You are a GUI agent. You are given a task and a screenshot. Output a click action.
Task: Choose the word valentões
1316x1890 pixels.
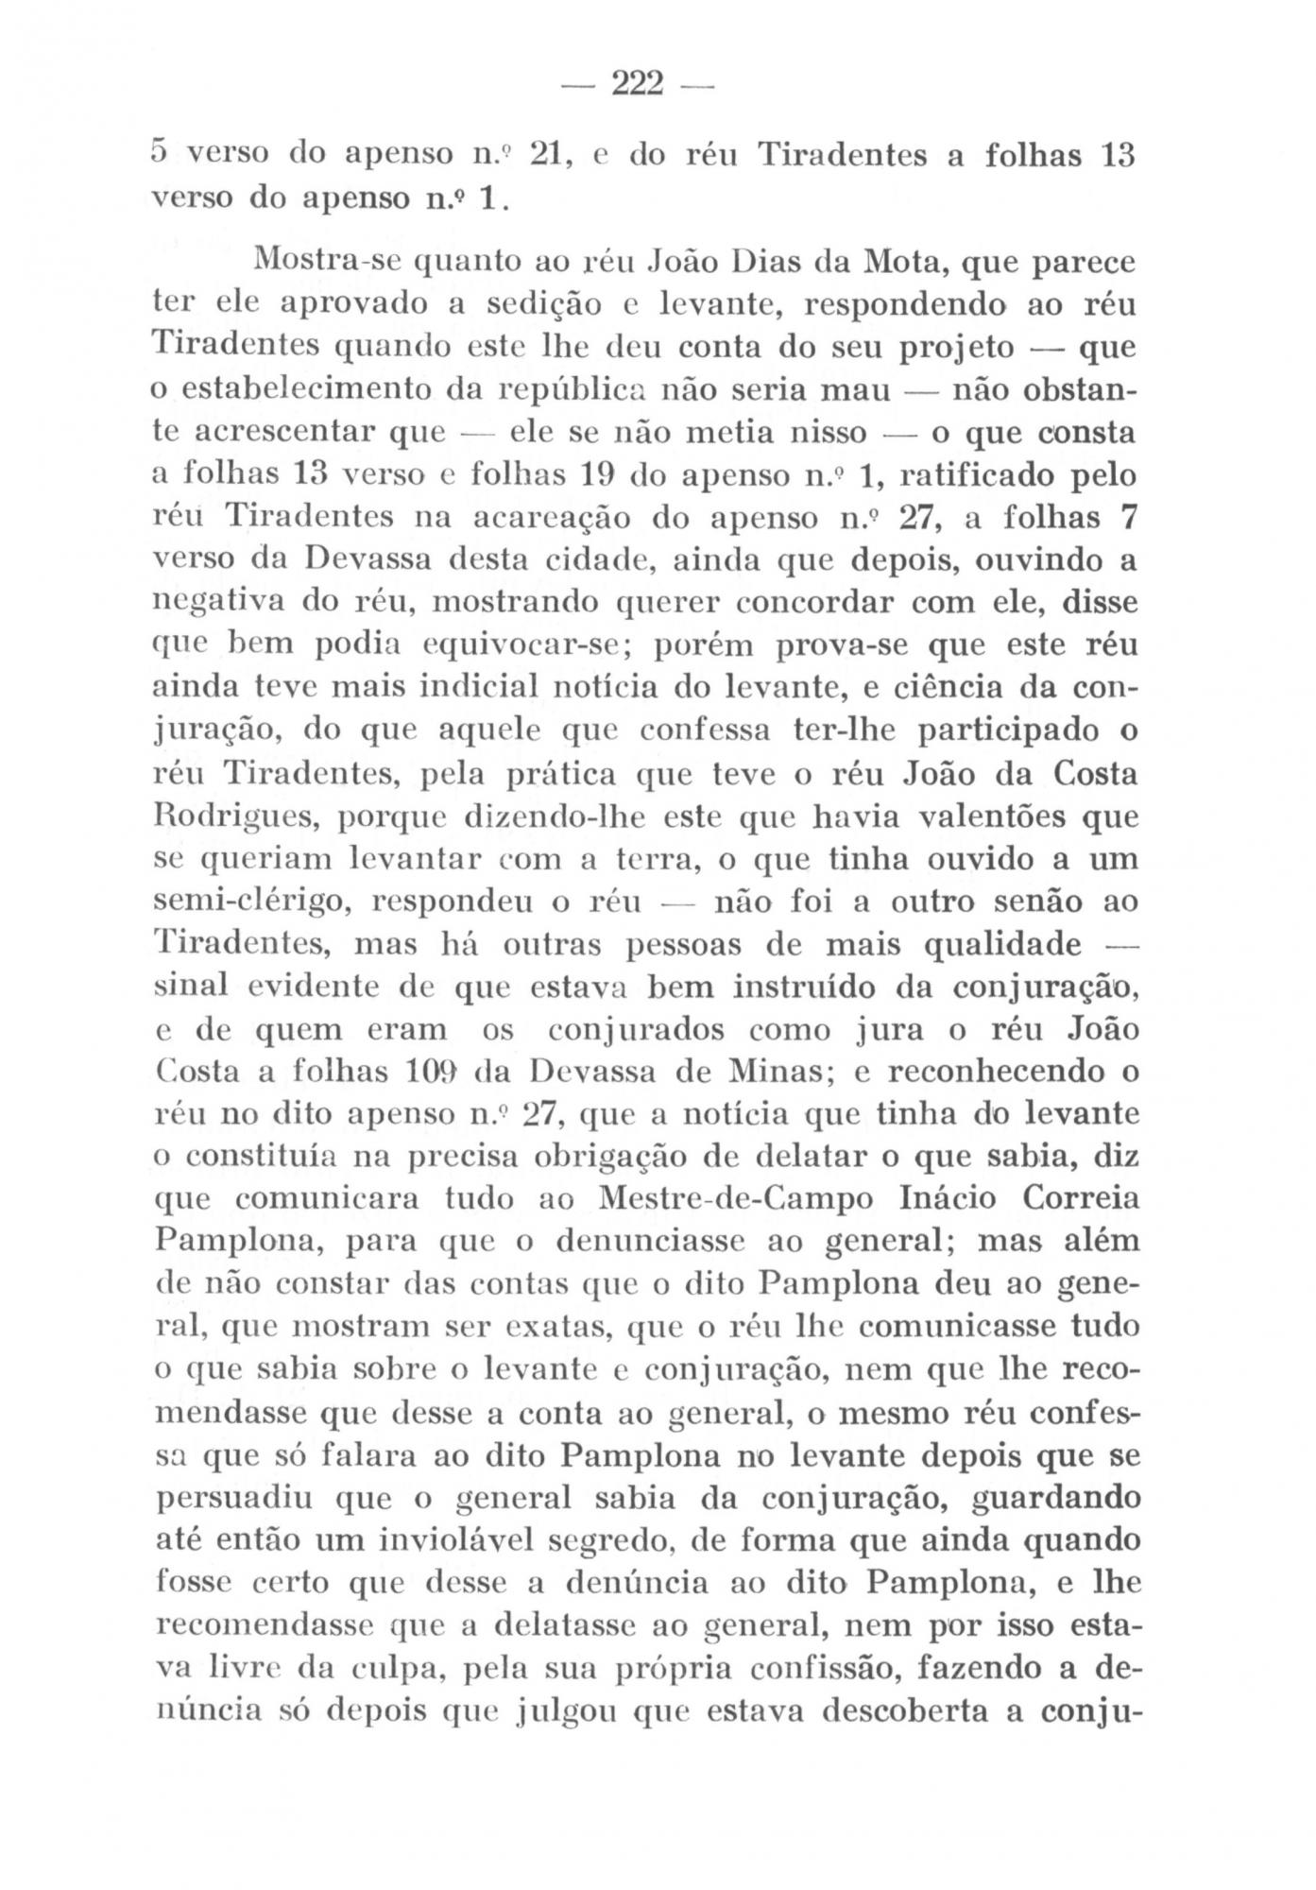[973, 816]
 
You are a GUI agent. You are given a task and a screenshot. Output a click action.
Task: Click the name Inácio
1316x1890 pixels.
[944, 1200]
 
